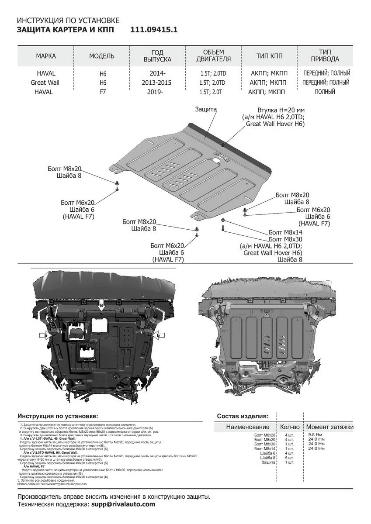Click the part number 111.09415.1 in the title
[154, 30]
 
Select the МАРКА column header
[46, 56]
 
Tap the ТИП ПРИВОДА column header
[324, 56]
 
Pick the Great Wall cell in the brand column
[45, 83]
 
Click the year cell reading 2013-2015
[157, 83]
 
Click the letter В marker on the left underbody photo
[101, 304]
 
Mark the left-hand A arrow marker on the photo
[64, 384]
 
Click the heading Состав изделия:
[243, 416]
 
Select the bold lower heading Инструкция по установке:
[58, 416]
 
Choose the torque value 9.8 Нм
[316, 435]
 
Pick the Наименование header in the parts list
[247, 427]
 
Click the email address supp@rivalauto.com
[123, 504]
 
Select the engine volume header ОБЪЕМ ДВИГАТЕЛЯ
[213, 56]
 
